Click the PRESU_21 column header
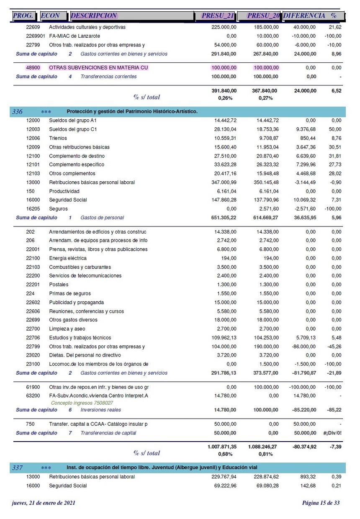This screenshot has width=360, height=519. tap(217, 16)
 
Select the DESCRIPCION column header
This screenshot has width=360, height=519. tap(94, 16)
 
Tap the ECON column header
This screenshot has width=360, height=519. tap(50, 16)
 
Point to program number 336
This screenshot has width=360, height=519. tap(18, 112)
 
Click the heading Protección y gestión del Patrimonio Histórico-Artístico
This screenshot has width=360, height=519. tap(132, 112)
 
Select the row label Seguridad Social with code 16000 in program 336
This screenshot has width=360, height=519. tap(68, 200)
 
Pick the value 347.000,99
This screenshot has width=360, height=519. tap(224, 182)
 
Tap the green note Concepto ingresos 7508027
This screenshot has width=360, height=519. tap(82, 403)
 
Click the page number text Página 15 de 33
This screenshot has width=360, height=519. tap(321, 503)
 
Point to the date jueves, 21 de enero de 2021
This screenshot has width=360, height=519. tap(44, 503)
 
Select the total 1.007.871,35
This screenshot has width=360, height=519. tap(222, 447)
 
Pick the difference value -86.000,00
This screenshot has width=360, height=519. tap(304, 347)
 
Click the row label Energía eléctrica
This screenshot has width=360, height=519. tap(68, 258)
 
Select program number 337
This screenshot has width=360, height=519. tap(18, 468)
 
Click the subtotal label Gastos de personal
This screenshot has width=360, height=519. tap(102, 218)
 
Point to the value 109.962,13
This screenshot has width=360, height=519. tap(224, 338)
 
